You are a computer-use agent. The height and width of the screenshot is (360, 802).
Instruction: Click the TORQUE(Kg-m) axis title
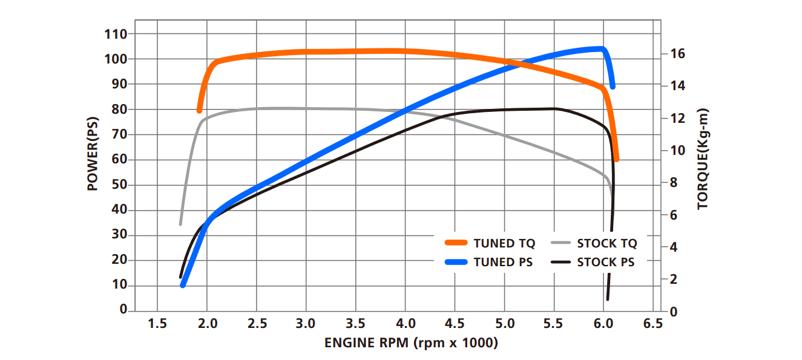click(x=702, y=159)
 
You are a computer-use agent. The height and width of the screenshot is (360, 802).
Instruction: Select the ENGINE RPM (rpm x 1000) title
click(x=411, y=343)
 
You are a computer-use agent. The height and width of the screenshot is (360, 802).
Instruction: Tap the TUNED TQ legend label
click(x=504, y=244)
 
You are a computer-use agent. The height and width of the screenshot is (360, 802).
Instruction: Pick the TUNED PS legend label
click(x=503, y=263)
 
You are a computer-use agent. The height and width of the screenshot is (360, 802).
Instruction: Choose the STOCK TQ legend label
click(x=607, y=244)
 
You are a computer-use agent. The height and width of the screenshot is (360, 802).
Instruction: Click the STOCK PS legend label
click(x=606, y=263)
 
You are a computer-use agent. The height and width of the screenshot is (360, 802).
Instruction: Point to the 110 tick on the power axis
click(x=116, y=34)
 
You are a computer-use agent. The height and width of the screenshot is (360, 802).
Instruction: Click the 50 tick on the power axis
click(x=119, y=185)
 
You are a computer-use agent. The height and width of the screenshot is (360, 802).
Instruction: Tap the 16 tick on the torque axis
click(x=677, y=53)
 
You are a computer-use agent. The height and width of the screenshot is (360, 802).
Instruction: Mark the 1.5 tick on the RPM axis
click(x=157, y=324)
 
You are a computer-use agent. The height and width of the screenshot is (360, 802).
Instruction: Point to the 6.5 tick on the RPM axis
click(x=652, y=324)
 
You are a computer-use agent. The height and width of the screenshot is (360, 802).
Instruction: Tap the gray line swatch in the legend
click(x=561, y=243)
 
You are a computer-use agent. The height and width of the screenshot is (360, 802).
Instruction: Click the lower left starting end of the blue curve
click(x=183, y=284)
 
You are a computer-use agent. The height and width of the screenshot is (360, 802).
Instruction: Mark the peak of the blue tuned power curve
click(x=601, y=48)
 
